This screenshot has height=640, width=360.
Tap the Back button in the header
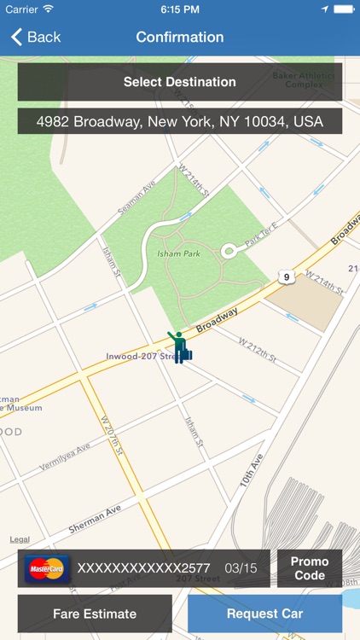36,38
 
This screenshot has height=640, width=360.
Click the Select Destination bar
180,82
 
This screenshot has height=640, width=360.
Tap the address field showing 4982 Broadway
180,121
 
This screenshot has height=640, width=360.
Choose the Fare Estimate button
95,614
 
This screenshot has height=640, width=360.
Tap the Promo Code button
310,568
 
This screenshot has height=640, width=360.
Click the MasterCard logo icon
46,568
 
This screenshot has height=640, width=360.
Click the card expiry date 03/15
241,568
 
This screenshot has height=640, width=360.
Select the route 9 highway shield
284,275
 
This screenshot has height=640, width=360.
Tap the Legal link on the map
20,539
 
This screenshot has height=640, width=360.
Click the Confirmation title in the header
180,38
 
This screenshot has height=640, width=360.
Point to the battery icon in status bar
344,9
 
